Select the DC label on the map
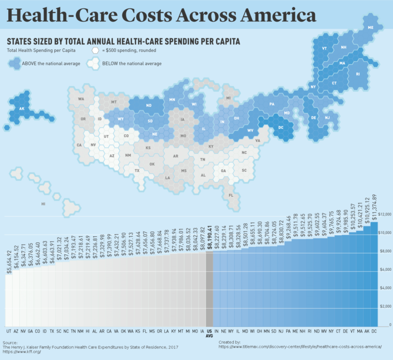[280, 127]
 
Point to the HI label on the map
[44, 204]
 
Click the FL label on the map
[231, 195]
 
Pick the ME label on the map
[371, 27]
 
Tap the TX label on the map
[137, 170]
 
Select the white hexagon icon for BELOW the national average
[93, 64]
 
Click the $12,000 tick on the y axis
[384, 214]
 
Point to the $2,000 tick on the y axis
[384, 307]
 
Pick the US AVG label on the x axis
[209, 333]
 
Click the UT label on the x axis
[8, 330]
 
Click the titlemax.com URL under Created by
[300, 347]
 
